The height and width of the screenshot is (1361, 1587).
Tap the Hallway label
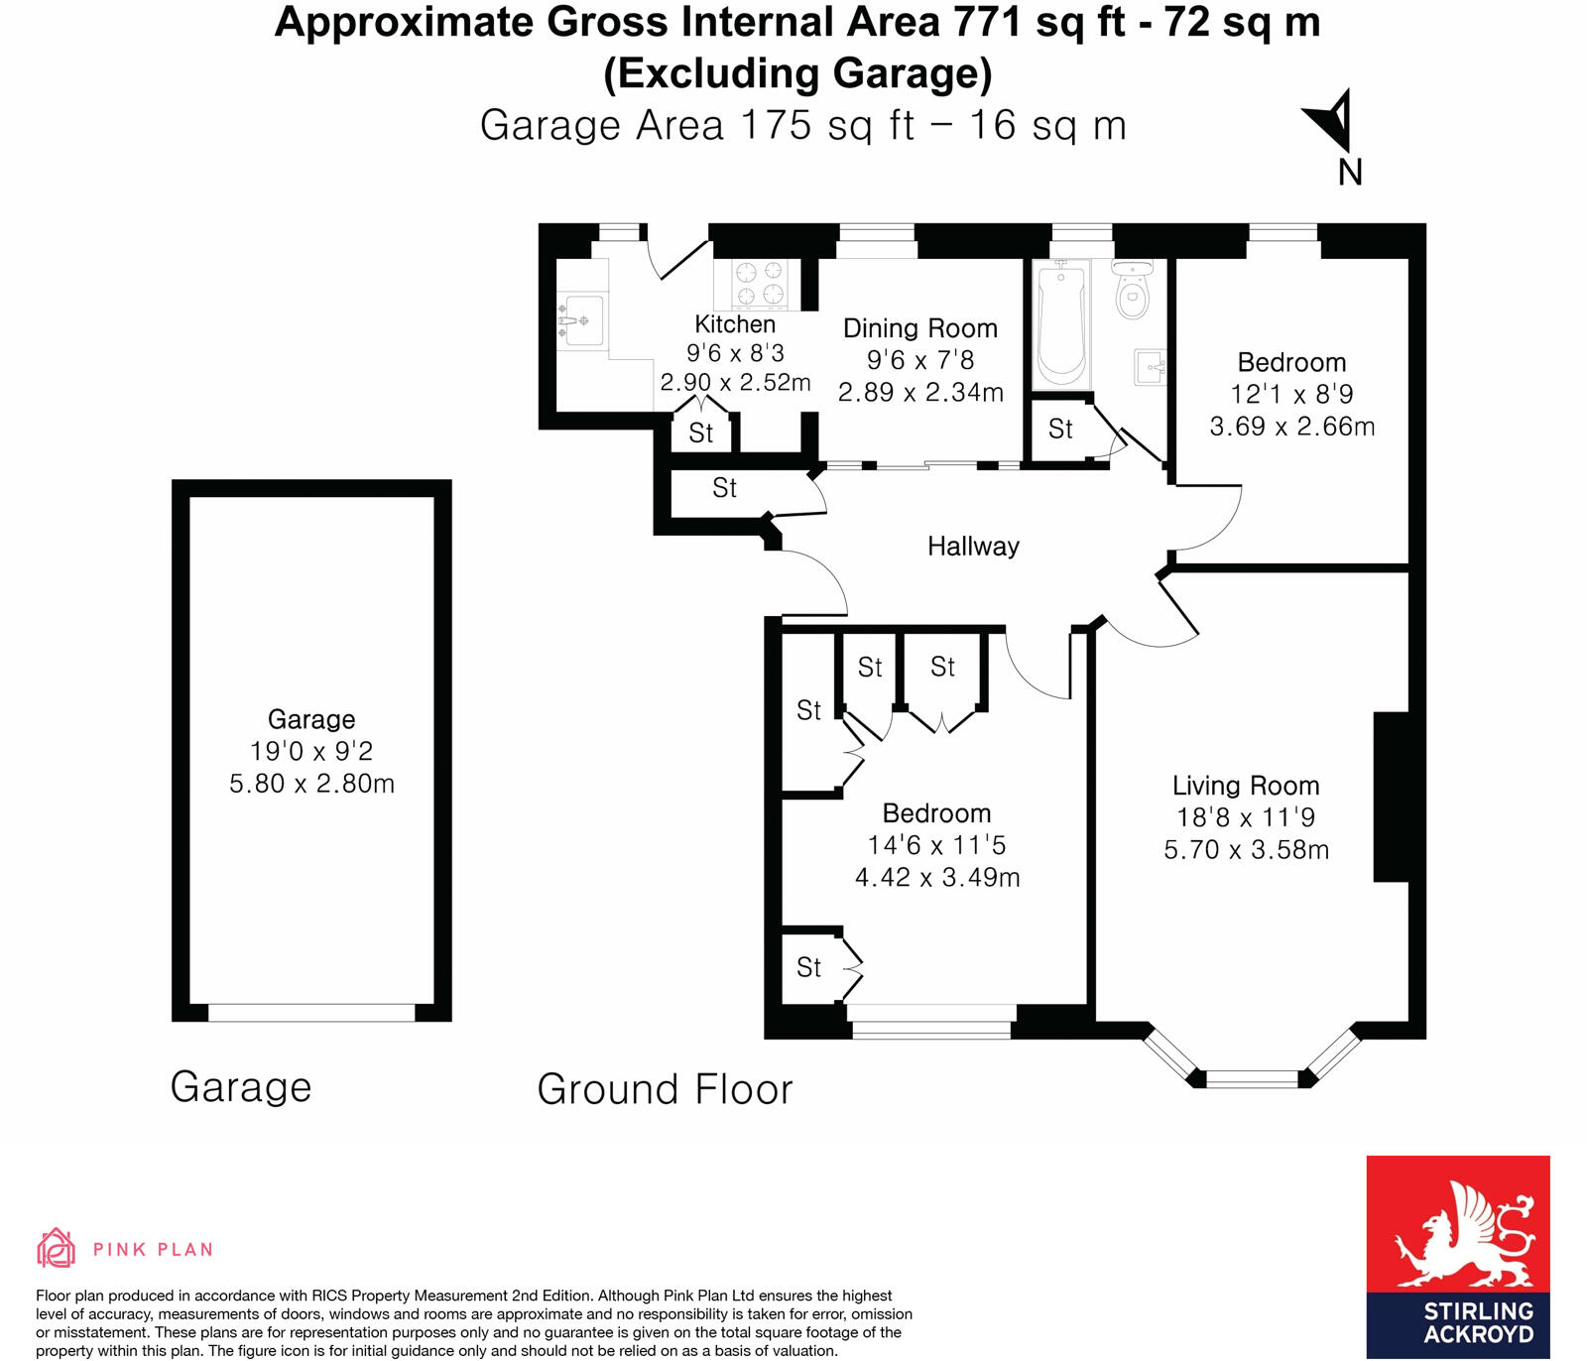point(973,547)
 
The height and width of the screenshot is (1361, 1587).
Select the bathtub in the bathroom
point(1061,324)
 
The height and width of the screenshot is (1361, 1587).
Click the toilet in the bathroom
point(1132,291)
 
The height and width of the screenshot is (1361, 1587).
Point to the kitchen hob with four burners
point(760,283)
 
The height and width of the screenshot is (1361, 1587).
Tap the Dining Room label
point(919,328)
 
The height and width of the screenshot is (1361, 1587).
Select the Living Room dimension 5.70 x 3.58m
point(1246,850)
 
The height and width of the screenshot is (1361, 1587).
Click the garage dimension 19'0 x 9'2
point(311,752)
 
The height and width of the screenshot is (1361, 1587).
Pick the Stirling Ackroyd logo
point(1457,1256)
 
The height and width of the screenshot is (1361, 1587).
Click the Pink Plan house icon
point(56,1248)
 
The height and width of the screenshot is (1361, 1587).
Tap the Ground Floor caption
point(665,1089)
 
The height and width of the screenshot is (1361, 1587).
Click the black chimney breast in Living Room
point(1391,797)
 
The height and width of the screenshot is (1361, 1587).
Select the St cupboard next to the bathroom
point(1060,429)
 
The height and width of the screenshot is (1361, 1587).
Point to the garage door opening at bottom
point(311,1013)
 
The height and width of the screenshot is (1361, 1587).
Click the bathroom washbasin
point(1150,367)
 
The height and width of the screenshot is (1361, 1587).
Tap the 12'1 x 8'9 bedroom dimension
point(1291,395)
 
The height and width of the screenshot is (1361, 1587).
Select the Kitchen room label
point(735,324)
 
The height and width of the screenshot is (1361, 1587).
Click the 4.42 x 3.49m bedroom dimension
point(937,878)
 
